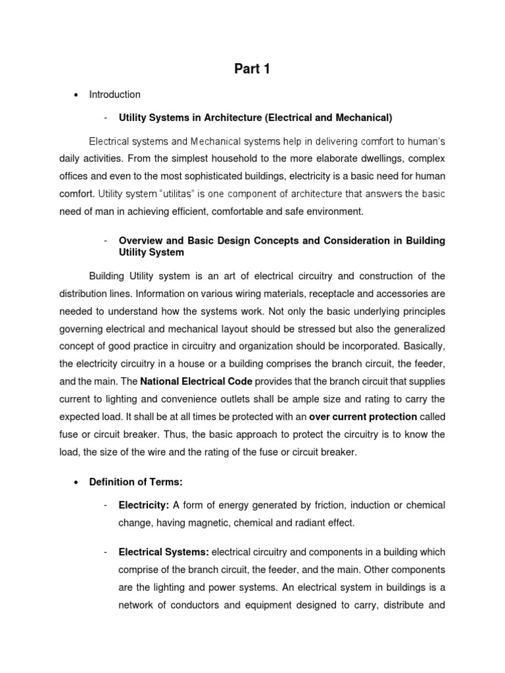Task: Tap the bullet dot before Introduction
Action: pos(76,95)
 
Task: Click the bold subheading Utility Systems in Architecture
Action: pos(255,118)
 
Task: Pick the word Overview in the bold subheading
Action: pos(139,241)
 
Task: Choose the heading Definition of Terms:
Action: pos(150,482)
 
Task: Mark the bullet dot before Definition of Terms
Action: pos(76,482)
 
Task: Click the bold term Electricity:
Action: pos(144,505)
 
